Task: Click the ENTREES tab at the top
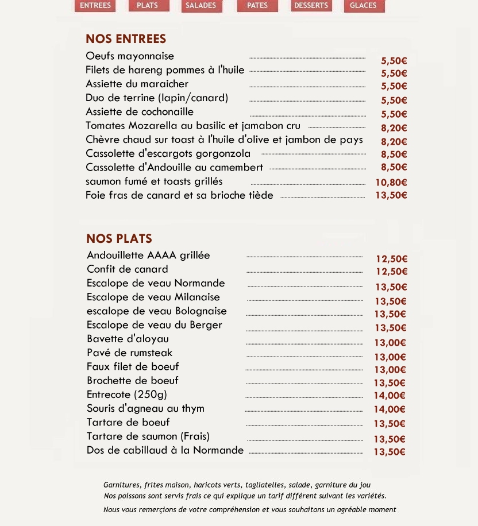click(95, 6)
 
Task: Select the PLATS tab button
click(148, 6)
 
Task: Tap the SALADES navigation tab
click(201, 6)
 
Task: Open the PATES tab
click(257, 6)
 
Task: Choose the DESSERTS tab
click(311, 6)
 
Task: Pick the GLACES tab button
click(364, 6)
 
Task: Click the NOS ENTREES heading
click(126, 39)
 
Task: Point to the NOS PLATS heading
click(119, 239)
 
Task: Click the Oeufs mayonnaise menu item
click(130, 56)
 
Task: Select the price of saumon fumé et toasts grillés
click(391, 183)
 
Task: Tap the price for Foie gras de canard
click(391, 195)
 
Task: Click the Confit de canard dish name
click(128, 269)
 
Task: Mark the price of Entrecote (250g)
click(390, 396)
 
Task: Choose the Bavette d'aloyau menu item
click(128, 339)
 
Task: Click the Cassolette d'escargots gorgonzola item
click(168, 153)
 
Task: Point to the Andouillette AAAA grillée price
click(391, 259)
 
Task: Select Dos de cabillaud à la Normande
click(165, 450)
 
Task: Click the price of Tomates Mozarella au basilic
click(394, 128)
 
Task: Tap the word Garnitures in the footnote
click(122, 485)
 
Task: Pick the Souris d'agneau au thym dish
click(145, 409)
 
